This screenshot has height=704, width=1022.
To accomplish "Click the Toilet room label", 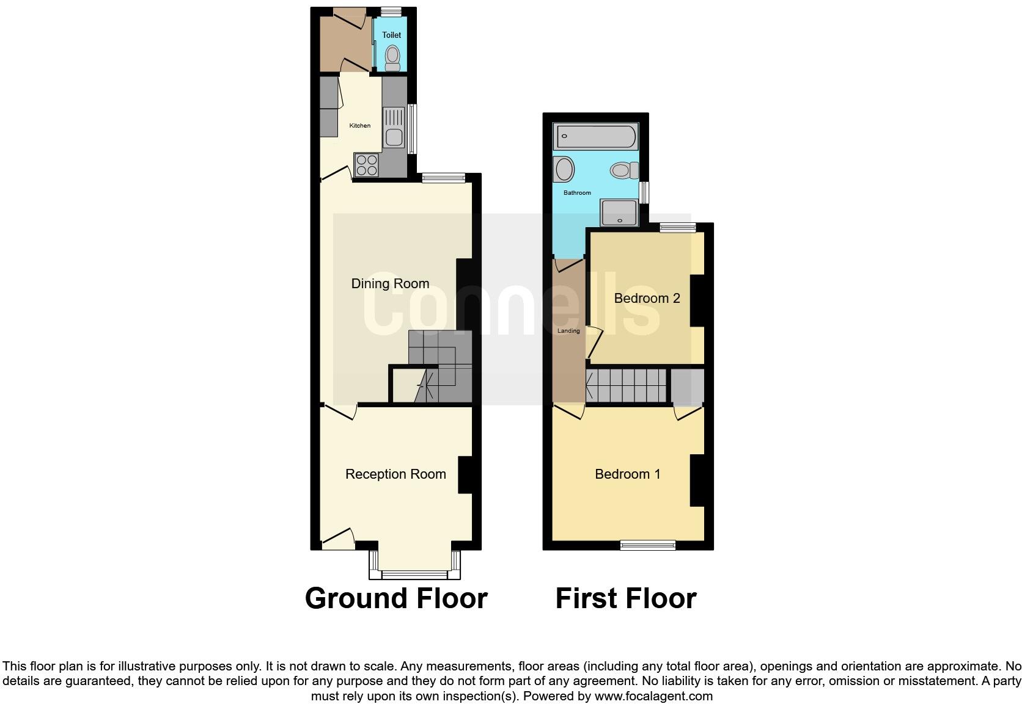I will coord(391,35).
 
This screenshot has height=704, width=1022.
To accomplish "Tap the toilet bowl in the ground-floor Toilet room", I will coord(392,58).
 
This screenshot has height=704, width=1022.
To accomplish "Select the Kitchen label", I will coord(359,126).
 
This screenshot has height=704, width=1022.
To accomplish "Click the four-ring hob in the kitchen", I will coord(367,164).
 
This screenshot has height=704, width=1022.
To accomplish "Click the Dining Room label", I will coord(390,283).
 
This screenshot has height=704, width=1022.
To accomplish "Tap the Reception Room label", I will coord(395,474).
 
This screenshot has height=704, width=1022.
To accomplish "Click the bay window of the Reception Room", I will coord(414,573).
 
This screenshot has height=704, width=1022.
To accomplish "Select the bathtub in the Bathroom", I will coord(596,136).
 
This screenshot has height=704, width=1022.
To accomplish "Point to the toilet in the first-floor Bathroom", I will coord(624,170).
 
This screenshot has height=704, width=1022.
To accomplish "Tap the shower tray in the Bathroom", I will coord(619,212).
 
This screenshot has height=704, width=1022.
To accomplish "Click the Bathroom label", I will coord(577,193).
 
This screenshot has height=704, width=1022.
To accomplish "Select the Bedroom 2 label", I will coord(647,299).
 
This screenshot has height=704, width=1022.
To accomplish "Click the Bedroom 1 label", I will coord(628,474).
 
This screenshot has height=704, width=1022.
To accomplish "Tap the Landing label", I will coord(568,331).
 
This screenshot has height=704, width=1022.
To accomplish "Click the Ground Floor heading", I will coord(396,598).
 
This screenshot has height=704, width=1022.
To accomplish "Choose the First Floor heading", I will coord(626,598).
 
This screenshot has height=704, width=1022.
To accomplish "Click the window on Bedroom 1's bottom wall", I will coord(648,545).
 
